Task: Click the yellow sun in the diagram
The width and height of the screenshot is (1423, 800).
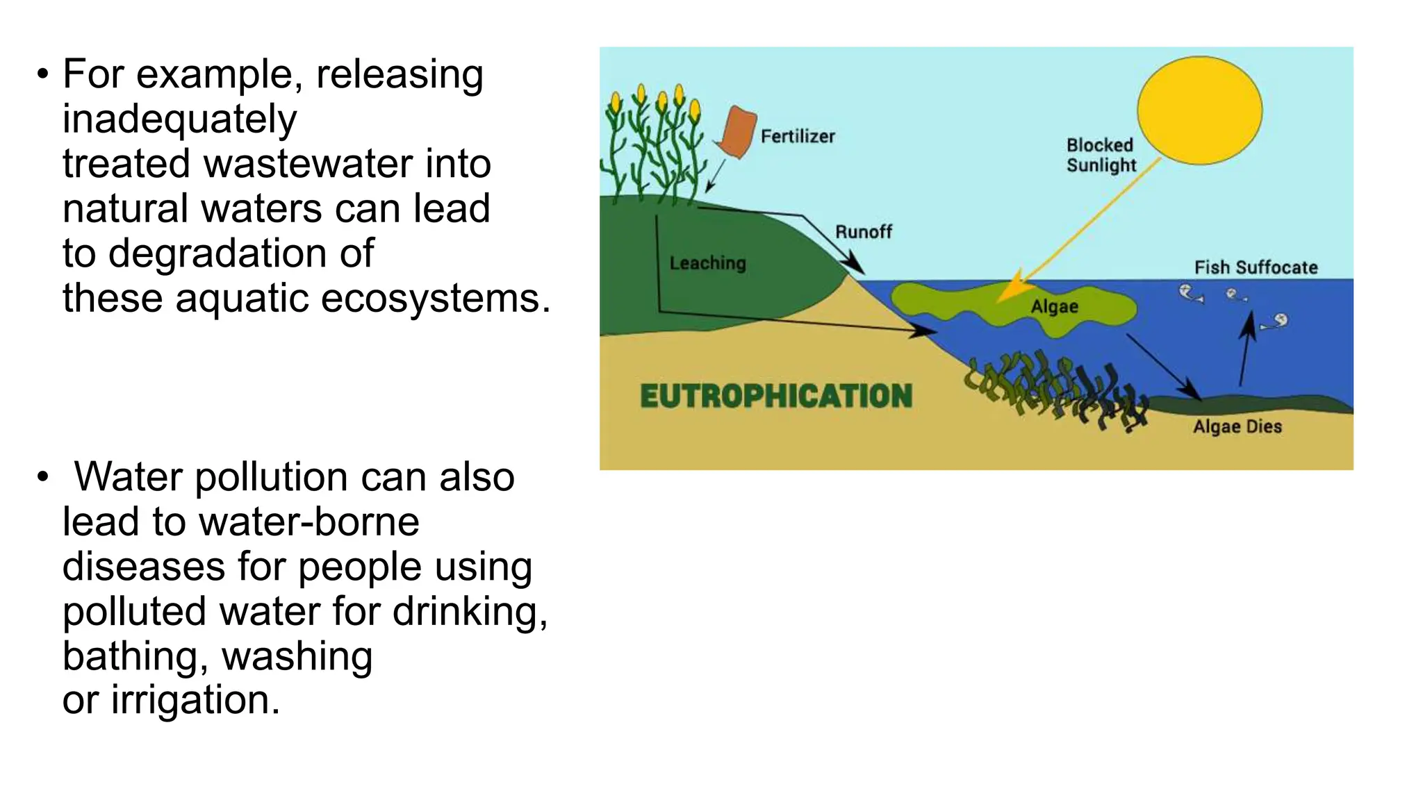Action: click(1199, 110)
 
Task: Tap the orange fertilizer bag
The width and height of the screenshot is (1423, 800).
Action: click(737, 132)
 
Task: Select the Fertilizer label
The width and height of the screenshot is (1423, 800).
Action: click(798, 136)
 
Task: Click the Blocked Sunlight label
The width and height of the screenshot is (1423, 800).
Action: click(1101, 155)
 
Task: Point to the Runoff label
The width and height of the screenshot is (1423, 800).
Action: click(863, 231)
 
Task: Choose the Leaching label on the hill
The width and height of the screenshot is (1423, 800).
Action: click(707, 262)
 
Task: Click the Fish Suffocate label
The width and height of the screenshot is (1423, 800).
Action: click(1256, 267)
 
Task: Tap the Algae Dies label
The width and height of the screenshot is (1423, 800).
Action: click(1237, 426)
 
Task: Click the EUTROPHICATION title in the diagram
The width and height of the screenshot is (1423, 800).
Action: click(775, 396)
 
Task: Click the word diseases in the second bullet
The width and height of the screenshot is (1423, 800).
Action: click(144, 566)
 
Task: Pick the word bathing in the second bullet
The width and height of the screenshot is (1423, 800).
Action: click(131, 656)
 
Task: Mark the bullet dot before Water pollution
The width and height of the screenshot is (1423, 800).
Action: click(43, 477)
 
